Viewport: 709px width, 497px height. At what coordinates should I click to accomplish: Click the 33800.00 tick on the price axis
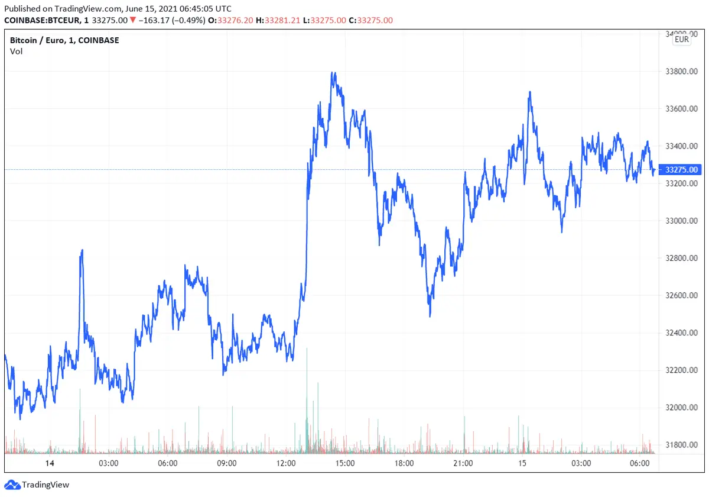[x=682, y=72]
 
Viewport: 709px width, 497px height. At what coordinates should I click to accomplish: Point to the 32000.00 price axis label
[x=682, y=408]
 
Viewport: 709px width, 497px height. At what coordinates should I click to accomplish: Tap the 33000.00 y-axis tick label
[x=682, y=221]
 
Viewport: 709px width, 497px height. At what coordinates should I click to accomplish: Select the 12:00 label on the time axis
[x=286, y=463]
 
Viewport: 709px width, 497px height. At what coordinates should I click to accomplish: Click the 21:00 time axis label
[x=463, y=463]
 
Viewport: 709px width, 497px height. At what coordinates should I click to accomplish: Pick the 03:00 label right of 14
[x=109, y=463]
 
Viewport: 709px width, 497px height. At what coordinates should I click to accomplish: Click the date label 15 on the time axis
[x=522, y=463]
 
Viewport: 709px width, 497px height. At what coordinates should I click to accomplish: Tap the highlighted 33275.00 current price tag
[x=682, y=170]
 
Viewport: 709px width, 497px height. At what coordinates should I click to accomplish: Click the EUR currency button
[x=682, y=40]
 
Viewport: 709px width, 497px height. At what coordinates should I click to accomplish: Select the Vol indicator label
[x=16, y=51]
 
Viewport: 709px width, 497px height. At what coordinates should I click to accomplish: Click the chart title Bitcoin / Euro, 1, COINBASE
[x=64, y=40]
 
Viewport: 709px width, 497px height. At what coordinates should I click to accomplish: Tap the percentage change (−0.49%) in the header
[x=188, y=20]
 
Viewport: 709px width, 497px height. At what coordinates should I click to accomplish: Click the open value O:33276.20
[x=235, y=20]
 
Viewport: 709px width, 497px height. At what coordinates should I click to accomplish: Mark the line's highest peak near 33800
[x=334, y=73]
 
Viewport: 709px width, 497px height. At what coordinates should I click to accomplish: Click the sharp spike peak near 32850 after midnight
[x=82, y=250]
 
